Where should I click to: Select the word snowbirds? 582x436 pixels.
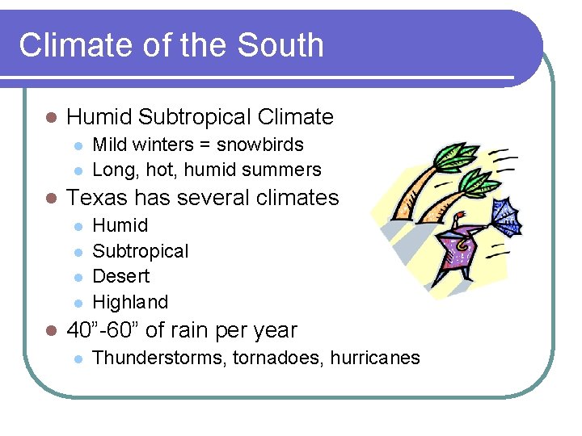click(x=259, y=145)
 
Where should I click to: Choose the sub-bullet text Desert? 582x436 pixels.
click(x=121, y=276)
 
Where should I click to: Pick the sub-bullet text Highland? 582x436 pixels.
click(x=130, y=302)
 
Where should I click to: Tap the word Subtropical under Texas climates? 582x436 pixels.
click(x=141, y=251)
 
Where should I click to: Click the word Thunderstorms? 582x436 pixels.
click(x=159, y=358)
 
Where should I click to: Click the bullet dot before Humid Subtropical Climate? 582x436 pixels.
click(x=50, y=118)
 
